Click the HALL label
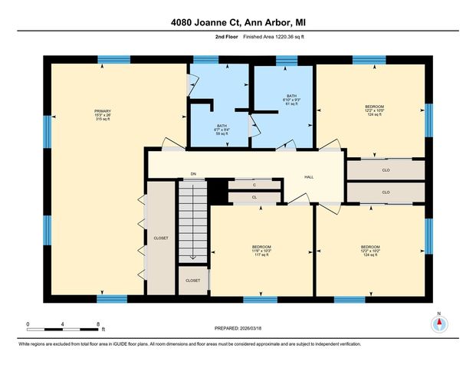[308, 177]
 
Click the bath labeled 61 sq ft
[284, 102]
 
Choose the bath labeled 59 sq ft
[222, 130]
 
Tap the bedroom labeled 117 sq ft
[262, 251]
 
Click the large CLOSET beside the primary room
[161, 238]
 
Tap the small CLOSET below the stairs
[192, 281]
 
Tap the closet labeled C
[254, 185]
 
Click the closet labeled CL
[254, 197]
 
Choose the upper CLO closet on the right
[386, 169]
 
